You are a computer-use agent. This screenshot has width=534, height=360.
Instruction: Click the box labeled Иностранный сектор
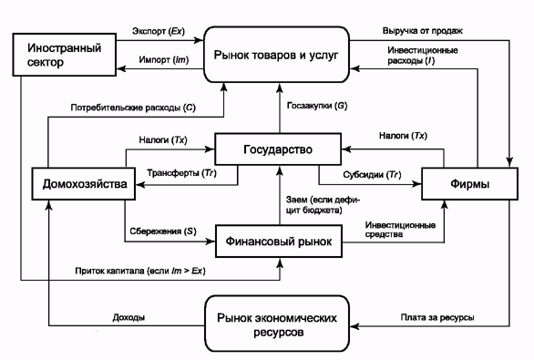(65, 55)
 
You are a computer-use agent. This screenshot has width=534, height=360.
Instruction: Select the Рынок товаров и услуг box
(276, 55)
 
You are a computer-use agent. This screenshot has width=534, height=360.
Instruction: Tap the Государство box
(278, 149)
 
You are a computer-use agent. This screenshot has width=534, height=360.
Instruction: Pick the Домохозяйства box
(84, 183)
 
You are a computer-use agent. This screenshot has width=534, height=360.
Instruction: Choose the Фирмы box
(469, 183)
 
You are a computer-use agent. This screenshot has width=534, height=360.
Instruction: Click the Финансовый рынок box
(279, 242)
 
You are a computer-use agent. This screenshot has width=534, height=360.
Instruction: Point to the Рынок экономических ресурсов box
(277, 324)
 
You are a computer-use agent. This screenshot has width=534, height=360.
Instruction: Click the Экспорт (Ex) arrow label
(159, 31)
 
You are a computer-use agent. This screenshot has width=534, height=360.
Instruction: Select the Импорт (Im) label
(163, 60)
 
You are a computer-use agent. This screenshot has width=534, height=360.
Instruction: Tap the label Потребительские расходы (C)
(133, 108)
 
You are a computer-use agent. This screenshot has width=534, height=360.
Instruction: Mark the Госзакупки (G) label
(317, 106)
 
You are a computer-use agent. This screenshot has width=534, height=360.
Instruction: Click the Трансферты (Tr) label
(181, 173)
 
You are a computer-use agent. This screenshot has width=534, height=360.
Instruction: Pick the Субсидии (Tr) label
(372, 175)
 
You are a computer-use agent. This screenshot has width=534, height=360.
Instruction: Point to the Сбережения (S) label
(163, 231)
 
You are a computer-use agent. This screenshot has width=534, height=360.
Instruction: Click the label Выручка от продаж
(422, 31)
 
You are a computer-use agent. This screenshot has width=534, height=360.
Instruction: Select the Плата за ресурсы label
(437, 317)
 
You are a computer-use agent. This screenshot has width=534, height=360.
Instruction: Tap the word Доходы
(128, 317)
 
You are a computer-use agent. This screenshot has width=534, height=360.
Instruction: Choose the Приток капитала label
(110, 271)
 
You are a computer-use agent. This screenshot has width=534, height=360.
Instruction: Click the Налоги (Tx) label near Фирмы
(403, 136)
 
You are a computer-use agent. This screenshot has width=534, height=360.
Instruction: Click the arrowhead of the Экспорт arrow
(199, 40)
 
